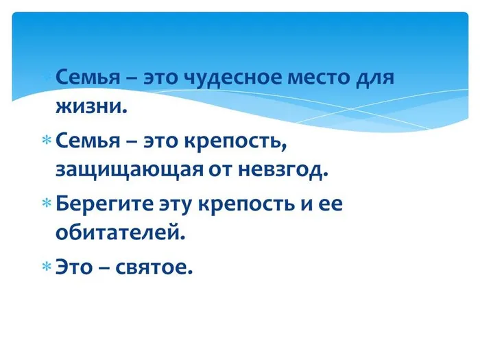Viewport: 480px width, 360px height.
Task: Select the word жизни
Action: (91, 108)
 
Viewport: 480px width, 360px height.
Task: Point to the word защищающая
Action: (128, 169)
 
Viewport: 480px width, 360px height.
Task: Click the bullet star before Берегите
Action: (47, 204)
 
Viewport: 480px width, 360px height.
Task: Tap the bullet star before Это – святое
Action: (47, 266)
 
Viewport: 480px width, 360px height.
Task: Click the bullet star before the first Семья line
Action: (47, 77)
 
